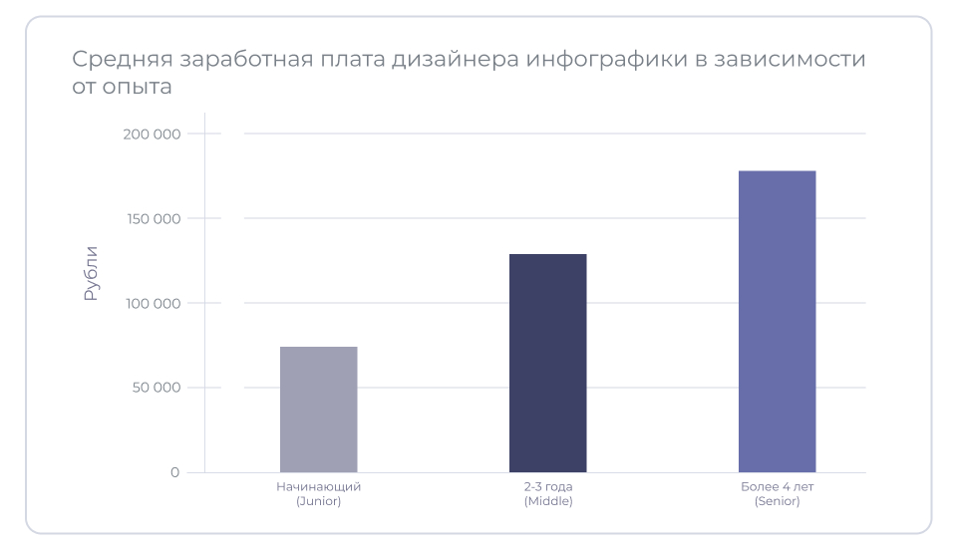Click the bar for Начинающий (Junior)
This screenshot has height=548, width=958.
[318, 410]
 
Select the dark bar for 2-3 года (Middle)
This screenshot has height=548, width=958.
[547, 363]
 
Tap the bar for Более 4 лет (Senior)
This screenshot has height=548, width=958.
[777, 321]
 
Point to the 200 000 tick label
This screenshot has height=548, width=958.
[152, 134]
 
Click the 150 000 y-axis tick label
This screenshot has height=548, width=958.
[152, 218]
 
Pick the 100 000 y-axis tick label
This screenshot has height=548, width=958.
[152, 303]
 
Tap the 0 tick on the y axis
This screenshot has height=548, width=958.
[174, 472]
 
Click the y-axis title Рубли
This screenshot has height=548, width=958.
[91, 273]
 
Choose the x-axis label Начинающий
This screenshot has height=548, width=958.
[318, 487]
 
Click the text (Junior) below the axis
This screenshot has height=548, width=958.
[318, 501]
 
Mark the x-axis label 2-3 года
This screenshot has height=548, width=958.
[547, 487]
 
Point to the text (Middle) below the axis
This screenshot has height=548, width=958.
[547, 501]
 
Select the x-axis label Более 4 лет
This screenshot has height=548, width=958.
[777, 487]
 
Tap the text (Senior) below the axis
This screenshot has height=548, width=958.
[777, 501]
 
